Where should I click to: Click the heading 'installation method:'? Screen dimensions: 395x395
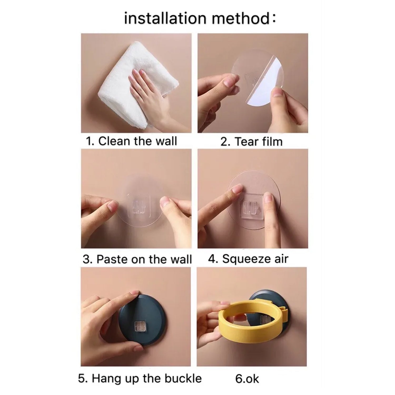pyautogui.click(x=200, y=19)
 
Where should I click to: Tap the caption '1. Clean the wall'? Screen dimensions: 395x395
pyautogui.click(x=131, y=141)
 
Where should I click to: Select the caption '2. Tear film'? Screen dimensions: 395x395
pyautogui.click(x=251, y=142)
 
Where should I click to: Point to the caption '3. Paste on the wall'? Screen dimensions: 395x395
pyautogui.click(x=137, y=259)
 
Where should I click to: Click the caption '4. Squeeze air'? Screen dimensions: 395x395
pyautogui.click(x=248, y=259)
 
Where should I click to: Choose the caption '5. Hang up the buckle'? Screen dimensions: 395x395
pyautogui.click(x=140, y=378)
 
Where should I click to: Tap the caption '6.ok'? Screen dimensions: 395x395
pyautogui.click(x=247, y=379)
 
